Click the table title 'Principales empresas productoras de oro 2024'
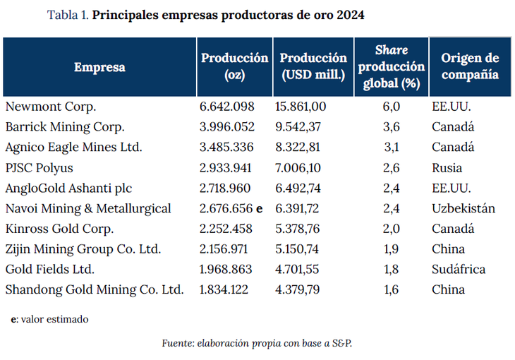tap(229, 15)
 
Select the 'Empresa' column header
tap(99, 67)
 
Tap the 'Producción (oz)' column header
tap(234, 66)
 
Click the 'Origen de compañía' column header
tap(469, 66)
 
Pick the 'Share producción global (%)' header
tap(391, 67)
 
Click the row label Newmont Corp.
tap(50, 107)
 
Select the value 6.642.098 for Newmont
tap(227, 107)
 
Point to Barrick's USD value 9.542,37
tap(300, 127)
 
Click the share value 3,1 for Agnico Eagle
tap(392, 148)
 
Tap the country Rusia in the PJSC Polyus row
tap(447, 168)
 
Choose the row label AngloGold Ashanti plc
tap(68, 188)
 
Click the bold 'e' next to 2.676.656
tap(259, 208)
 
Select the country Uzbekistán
tap(463, 208)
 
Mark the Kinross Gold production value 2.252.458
tap(227, 229)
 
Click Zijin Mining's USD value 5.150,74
tap(300, 249)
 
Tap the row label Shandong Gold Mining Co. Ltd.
tap(95, 289)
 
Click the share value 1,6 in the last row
tap(392, 289)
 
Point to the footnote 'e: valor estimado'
tap(49, 319)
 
